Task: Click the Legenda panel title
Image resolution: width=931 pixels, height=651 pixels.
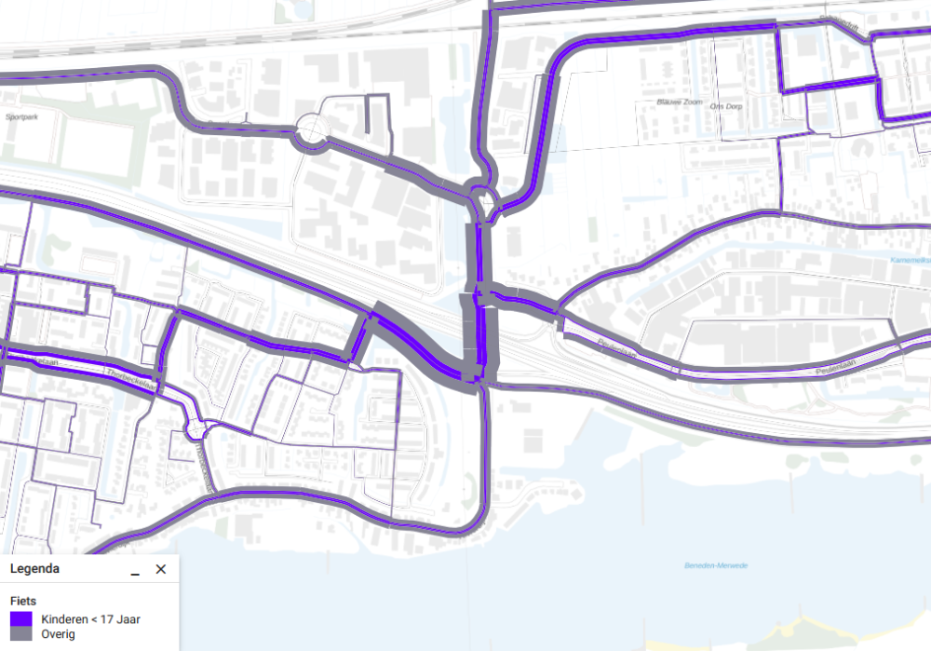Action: (x=35, y=569)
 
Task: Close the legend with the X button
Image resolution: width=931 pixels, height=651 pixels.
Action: (x=160, y=569)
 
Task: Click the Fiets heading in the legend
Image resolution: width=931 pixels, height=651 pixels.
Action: (x=23, y=601)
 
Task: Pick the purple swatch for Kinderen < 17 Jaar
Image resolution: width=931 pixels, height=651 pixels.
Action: (x=21, y=618)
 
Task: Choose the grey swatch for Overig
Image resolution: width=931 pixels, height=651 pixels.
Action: (x=21, y=634)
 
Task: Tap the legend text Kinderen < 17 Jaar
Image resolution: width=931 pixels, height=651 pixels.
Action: (x=90, y=618)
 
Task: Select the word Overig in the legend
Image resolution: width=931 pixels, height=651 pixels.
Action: (x=58, y=634)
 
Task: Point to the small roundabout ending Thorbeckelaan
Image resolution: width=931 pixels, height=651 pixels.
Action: (x=196, y=428)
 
